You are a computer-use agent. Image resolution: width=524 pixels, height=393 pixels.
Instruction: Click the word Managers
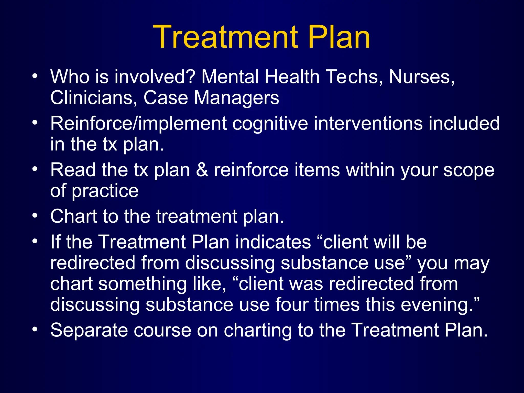pyautogui.click(x=236, y=98)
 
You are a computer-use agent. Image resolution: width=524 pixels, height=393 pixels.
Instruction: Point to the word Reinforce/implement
pyautogui.click(x=138, y=124)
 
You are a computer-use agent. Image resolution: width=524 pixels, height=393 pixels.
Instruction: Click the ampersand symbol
pyautogui.click(x=202, y=170)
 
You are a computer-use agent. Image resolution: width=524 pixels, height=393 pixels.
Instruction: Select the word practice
pyautogui.click(x=105, y=191)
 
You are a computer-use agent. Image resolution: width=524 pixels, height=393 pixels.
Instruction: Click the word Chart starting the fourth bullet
pyautogui.click(x=74, y=216)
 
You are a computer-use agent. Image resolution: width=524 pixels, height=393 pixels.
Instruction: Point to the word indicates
pyautogui.click(x=273, y=242)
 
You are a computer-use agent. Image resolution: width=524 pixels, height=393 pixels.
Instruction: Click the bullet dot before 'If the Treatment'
pyautogui.click(x=35, y=241)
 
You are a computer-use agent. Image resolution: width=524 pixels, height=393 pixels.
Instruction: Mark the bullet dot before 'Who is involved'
pyautogui.click(x=35, y=76)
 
